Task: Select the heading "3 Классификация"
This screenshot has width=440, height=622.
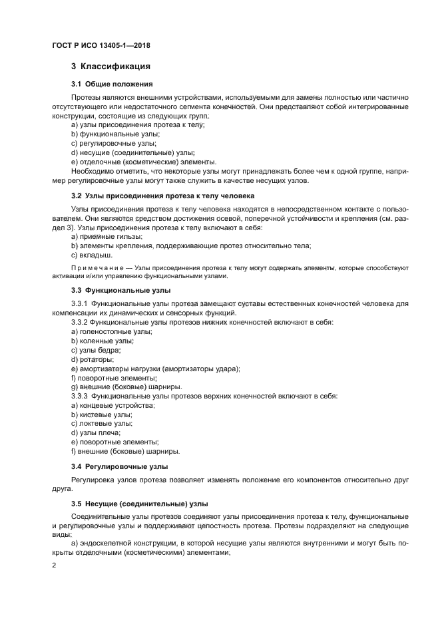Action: [x=110, y=67]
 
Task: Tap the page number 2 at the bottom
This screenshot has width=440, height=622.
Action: [x=53, y=565]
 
